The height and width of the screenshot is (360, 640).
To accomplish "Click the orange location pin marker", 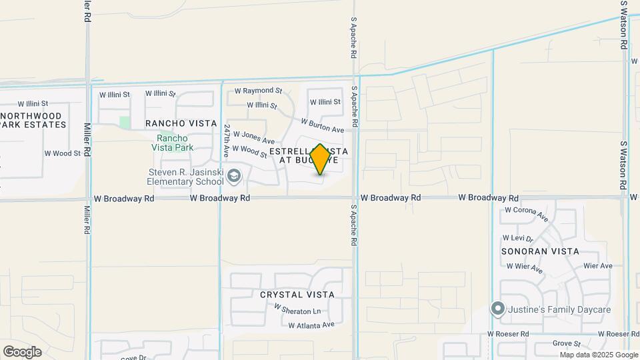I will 320,159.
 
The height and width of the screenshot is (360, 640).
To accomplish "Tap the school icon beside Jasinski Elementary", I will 233,177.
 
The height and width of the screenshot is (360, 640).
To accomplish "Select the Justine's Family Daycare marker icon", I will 497,308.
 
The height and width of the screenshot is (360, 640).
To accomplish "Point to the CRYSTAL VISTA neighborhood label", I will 297,295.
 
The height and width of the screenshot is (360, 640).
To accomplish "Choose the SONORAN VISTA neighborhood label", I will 540,251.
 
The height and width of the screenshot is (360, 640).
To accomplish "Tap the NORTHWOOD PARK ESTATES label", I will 40,121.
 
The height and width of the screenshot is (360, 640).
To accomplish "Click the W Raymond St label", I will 259,91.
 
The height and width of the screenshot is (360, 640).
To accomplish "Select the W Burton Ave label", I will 322,125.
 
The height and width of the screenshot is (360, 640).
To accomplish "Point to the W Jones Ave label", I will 253,137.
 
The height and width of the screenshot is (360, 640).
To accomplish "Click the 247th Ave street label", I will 227,140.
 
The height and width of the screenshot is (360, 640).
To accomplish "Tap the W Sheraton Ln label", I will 297,311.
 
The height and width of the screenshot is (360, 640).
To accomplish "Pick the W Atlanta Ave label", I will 311,325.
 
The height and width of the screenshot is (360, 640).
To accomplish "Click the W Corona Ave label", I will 526,213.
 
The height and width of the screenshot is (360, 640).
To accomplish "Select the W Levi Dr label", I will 518,238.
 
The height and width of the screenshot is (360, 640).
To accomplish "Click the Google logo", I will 22,352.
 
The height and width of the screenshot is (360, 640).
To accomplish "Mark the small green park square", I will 125,122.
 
